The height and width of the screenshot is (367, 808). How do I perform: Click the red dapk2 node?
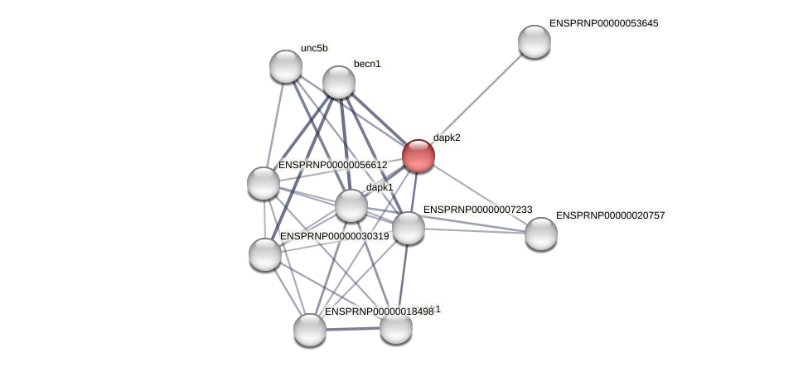click(x=418, y=155)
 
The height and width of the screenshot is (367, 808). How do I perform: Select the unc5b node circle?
click(x=286, y=66)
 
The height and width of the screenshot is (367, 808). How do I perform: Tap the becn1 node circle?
click(x=338, y=82)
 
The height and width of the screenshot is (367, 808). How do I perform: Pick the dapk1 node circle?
click(x=351, y=205)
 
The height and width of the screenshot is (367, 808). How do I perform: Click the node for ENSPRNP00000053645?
click(x=534, y=41)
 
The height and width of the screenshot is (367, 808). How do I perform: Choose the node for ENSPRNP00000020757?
click(x=540, y=233)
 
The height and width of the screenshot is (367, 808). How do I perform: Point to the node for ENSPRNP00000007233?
click(x=408, y=228)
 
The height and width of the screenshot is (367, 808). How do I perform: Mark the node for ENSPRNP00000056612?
click(x=264, y=183)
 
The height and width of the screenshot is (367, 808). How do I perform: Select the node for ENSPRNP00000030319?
click(x=265, y=254)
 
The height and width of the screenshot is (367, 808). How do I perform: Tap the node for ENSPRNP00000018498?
click(x=310, y=329)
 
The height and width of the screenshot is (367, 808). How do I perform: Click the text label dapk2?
click(x=447, y=138)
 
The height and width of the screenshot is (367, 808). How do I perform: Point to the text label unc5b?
click(x=314, y=48)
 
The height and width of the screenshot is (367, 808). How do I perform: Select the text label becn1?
click(x=367, y=64)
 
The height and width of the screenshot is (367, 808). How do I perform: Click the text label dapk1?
click(x=380, y=187)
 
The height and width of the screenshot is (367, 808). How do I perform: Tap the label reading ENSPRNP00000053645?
click(x=603, y=23)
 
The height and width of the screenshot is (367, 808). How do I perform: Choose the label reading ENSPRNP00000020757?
click(x=610, y=215)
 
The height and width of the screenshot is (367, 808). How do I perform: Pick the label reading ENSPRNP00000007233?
click(x=477, y=210)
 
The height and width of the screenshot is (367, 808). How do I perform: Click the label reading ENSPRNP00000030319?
click(x=334, y=236)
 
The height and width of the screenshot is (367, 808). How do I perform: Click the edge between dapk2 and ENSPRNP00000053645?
click(x=476, y=98)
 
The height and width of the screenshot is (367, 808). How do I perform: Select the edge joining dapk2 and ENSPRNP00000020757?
click(x=479, y=194)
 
